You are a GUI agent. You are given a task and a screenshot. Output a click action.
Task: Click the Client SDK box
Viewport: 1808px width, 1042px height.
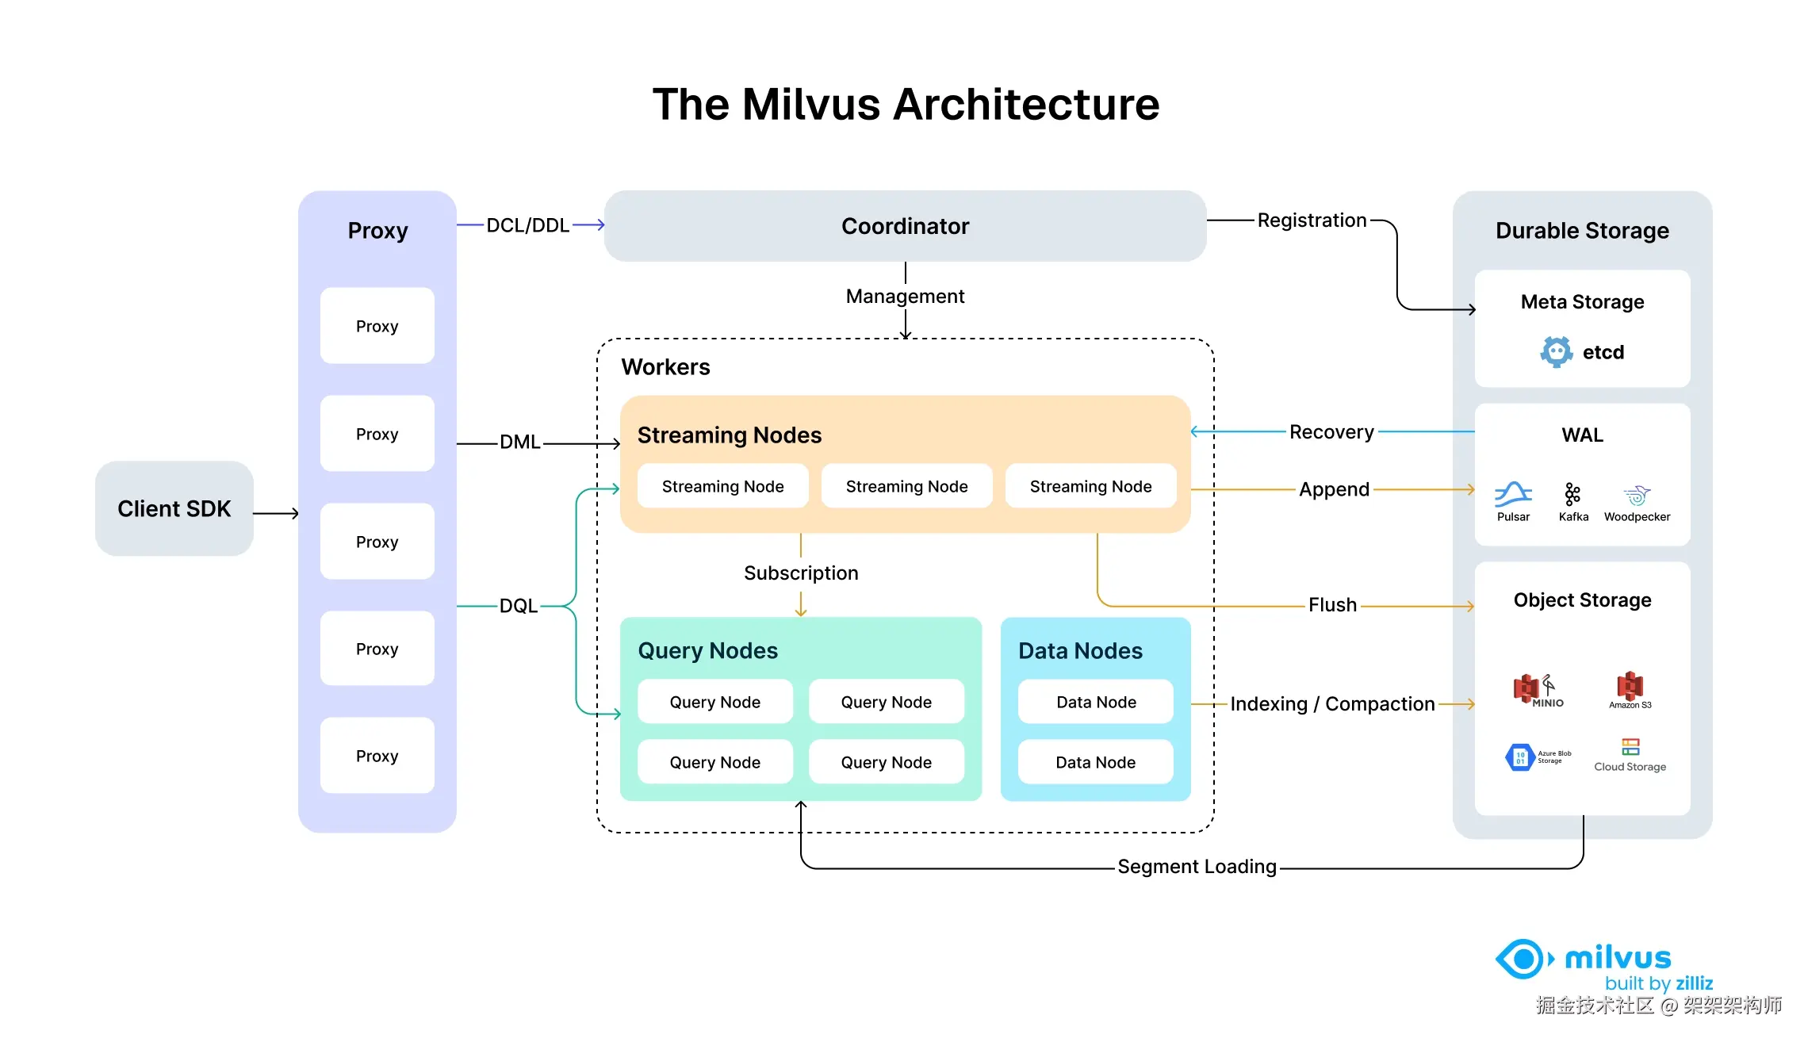(174, 508)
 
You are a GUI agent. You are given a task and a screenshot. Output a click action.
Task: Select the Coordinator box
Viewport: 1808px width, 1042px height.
(905, 226)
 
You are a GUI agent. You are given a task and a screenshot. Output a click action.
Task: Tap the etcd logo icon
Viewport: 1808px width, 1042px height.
(1556, 351)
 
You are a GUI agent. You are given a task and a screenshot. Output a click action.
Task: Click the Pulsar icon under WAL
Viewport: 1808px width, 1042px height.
(1513, 495)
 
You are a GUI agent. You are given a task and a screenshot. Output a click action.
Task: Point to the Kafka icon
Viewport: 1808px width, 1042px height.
(1572, 495)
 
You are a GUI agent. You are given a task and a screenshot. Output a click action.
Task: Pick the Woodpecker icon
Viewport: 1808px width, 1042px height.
(1637, 496)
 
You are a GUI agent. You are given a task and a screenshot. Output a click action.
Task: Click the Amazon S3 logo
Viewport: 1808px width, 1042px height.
(1630, 686)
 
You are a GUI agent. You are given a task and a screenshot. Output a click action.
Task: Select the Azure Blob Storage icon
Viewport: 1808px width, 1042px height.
(1520, 757)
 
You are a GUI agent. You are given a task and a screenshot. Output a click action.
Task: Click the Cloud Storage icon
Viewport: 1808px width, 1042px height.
(1630, 747)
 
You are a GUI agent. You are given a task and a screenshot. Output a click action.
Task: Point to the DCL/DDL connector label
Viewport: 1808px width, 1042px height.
(527, 225)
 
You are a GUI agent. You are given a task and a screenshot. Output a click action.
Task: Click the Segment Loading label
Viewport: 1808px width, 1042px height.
(1197, 867)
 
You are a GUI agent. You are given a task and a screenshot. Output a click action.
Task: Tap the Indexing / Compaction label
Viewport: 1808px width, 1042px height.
(1332, 704)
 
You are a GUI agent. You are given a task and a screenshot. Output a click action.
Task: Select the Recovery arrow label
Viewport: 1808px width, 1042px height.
(1331, 432)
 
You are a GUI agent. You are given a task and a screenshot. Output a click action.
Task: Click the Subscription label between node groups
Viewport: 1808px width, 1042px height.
(801, 573)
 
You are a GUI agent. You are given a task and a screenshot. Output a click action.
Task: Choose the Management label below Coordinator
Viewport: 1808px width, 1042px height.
(905, 297)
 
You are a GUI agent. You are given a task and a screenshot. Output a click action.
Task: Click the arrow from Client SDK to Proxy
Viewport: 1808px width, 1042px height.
(276, 514)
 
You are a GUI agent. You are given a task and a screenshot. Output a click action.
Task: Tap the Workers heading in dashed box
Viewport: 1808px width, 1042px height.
(665, 367)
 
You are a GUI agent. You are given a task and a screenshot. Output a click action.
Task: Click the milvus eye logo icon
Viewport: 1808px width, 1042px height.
(1523, 960)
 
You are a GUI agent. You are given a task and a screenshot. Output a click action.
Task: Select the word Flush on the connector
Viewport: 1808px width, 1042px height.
(1332, 605)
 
